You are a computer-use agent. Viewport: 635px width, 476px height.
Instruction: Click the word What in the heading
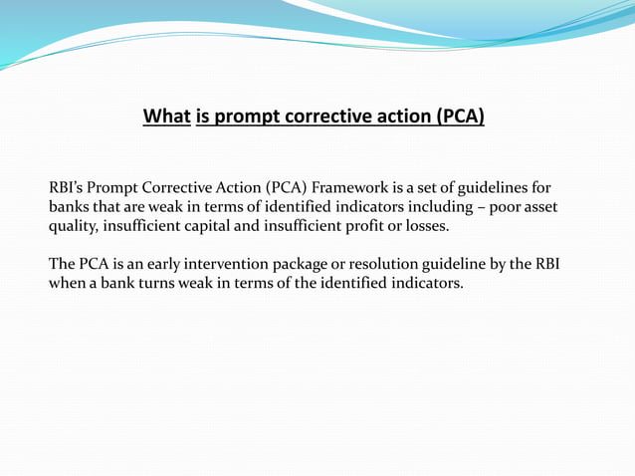166,118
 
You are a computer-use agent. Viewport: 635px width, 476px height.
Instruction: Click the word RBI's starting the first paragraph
68,188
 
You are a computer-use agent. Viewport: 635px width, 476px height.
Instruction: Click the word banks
71,207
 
